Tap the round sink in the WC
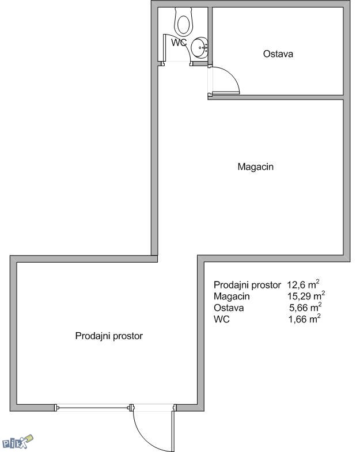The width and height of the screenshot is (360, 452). click(200, 48)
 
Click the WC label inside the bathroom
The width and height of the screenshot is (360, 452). click(179, 43)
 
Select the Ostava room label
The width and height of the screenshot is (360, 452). click(278, 54)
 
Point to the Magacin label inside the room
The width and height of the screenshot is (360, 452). click(256, 166)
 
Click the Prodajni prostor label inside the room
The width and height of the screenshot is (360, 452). click(109, 336)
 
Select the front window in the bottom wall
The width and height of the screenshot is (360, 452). click(93, 408)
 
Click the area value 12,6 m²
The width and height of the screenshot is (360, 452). click(303, 285)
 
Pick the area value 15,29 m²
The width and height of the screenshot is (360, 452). click(306, 296)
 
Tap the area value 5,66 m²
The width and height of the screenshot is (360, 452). click(305, 307)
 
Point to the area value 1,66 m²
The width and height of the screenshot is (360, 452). click(305, 319)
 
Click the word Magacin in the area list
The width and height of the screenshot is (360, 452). click(232, 297)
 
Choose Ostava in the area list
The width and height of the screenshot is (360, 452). click(229, 308)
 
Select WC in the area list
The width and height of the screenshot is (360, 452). click(222, 319)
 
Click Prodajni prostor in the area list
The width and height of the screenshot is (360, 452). click(247, 285)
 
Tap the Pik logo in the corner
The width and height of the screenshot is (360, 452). click(18, 442)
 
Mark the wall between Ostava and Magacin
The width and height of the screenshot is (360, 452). click(275, 97)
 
